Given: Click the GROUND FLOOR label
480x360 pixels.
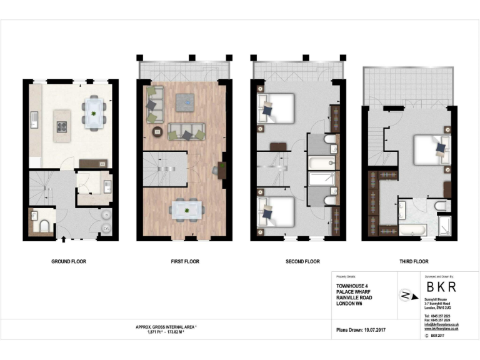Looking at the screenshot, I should (x=69, y=261).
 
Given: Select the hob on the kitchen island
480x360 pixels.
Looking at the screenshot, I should (x=62, y=126).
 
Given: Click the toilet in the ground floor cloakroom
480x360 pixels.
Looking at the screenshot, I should (x=45, y=225).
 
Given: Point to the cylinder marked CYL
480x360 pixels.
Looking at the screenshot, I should (x=106, y=229).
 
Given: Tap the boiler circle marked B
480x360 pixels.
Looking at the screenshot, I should (x=106, y=215).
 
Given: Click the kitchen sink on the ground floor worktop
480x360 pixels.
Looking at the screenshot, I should (x=36, y=116).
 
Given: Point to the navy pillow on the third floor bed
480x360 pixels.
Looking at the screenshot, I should (x=441, y=148).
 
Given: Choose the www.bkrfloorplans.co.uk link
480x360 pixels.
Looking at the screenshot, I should (x=441, y=329).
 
